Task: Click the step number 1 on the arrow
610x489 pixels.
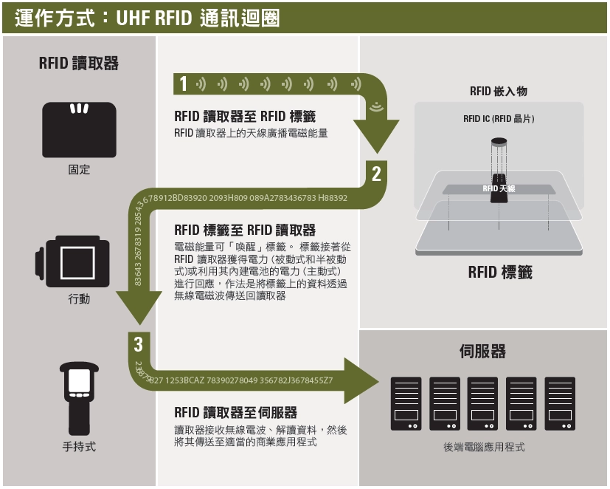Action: (x=184, y=84)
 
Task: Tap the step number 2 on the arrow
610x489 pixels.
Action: (x=376, y=174)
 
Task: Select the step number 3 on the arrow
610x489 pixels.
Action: (x=138, y=343)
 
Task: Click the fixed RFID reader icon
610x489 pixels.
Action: (x=79, y=129)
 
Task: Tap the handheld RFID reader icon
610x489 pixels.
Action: (x=79, y=397)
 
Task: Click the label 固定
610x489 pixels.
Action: (x=79, y=170)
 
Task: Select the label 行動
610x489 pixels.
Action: (x=79, y=300)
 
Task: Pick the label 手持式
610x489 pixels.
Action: (x=79, y=446)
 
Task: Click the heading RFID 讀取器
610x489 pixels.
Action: (x=79, y=64)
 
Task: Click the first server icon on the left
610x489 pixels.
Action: (x=406, y=403)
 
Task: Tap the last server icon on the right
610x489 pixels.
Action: (x=560, y=403)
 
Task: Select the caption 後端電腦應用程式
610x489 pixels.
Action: (x=484, y=447)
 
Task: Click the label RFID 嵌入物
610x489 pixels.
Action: (x=499, y=91)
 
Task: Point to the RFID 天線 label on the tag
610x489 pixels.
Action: (x=499, y=189)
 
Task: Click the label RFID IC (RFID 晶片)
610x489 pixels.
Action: (x=499, y=118)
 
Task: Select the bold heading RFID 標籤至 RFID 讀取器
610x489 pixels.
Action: (x=245, y=230)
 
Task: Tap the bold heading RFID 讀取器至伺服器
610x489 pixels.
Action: (x=235, y=412)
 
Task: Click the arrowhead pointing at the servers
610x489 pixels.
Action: (x=361, y=380)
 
